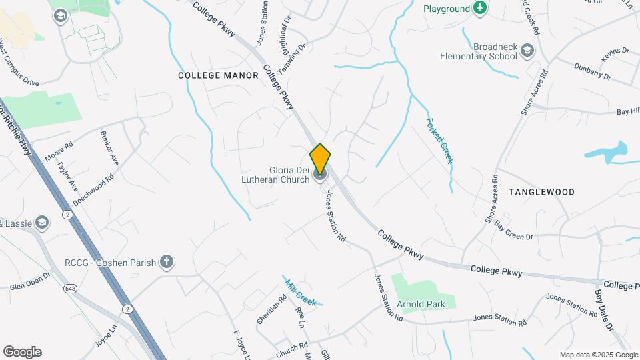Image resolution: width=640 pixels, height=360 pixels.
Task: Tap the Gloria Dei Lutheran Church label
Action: (x=279, y=175)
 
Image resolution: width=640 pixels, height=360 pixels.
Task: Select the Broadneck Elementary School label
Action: (x=478, y=52)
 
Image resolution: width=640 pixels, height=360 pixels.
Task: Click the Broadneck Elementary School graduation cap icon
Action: (x=527, y=51)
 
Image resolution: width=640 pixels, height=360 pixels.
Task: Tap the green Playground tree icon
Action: (x=479, y=9)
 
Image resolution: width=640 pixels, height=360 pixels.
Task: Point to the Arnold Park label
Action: (x=421, y=304)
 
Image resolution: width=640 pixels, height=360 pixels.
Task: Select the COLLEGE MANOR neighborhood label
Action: (x=218, y=75)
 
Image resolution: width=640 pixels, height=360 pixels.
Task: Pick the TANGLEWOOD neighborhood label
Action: (x=541, y=192)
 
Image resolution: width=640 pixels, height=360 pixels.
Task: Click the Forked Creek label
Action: (x=440, y=141)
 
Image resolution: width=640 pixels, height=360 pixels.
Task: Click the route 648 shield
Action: (x=71, y=288)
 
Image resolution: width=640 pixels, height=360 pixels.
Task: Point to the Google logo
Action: (x=22, y=352)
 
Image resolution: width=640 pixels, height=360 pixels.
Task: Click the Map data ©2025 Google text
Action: (x=598, y=355)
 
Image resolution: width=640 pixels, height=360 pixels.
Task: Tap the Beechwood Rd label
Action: (x=94, y=190)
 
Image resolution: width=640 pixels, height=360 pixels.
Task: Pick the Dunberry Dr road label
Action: (x=593, y=71)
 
